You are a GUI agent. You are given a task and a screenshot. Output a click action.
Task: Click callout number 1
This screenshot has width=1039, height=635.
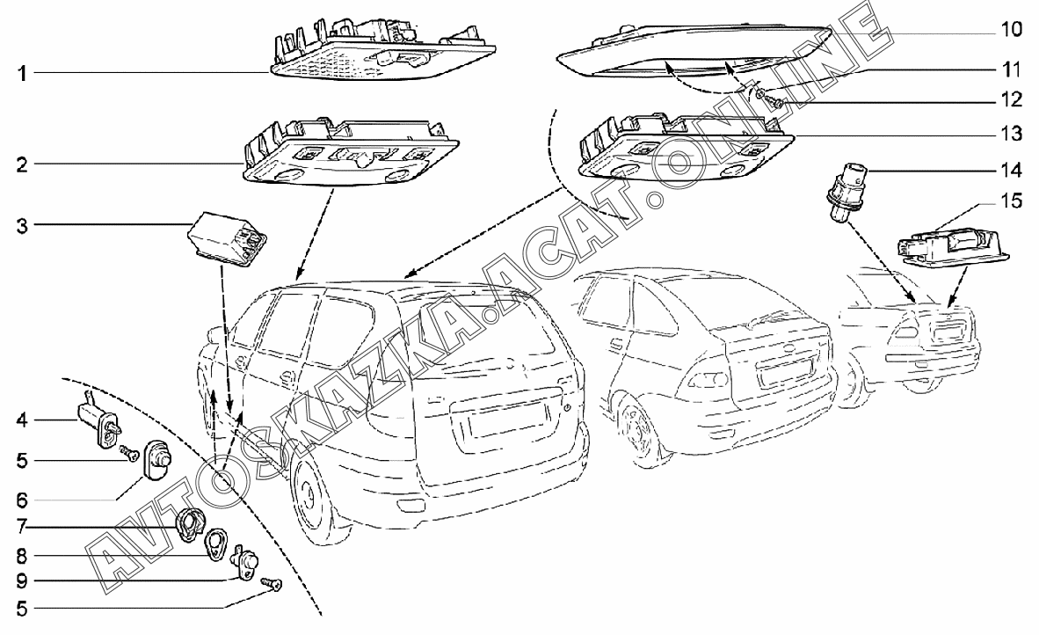pos(23,72)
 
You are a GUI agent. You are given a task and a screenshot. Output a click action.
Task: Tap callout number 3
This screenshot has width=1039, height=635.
pos(23,225)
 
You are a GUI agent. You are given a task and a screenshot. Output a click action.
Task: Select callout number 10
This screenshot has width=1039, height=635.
pos(1011,29)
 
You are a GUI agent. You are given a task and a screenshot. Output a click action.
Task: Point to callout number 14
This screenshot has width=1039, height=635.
pos(1011,171)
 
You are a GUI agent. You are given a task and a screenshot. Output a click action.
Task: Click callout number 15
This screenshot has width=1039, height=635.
pos(1011,201)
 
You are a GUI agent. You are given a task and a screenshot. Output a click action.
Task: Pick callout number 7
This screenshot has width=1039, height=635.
pos(23,527)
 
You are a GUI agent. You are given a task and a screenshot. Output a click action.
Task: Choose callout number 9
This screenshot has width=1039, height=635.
pos(23,580)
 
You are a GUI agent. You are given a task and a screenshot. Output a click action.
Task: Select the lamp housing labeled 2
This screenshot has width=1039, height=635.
pos(350,150)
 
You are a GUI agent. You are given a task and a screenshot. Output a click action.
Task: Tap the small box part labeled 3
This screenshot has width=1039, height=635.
pos(228,238)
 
